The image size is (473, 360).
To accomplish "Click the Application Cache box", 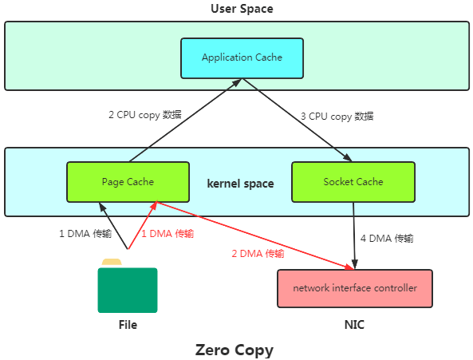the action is click(x=242, y=58).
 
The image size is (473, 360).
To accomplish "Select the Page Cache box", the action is click(x=128, y=182).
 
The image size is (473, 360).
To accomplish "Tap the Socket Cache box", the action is click(x=353, y=182).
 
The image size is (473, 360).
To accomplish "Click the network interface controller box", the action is click(x=355, y=288).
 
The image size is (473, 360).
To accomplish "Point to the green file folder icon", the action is click(x=128, y=286).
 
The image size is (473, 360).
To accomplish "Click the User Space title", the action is click(x=242, y=9).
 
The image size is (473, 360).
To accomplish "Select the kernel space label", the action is click(x=240, y=184).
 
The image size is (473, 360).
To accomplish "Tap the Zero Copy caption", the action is click(x=235, y=350).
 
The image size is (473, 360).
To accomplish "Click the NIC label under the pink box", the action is click(x=354, y=325).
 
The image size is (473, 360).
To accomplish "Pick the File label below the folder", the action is click(x=128, y=325).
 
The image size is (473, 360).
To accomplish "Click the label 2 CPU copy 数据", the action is click(x=145, y=115).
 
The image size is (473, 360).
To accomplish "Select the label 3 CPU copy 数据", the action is click(x=337, y=117).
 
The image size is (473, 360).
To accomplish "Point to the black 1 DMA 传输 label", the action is click(x=85, y=234).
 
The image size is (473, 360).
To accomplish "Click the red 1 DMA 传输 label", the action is click(x=168, y=234).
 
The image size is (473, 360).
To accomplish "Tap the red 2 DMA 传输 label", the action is click(x=258, y=254).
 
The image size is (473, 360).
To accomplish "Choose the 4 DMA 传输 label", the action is click(x=387, y=239).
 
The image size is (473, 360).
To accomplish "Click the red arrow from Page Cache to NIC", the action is click(x=255, y=235).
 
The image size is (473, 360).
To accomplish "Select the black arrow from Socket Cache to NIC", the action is click(x=354, y=235).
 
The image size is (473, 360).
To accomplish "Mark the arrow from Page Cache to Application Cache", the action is click(x=186, y=120).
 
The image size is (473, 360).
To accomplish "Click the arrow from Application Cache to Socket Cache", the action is click(x=298, y=120).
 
